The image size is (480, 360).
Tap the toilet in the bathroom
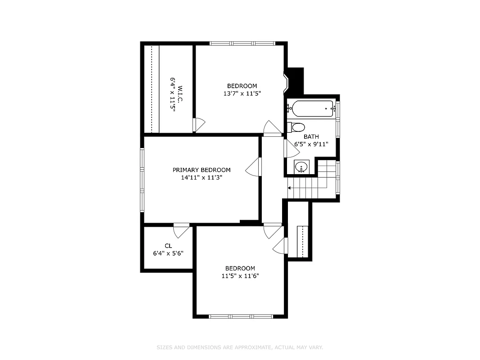click(x=297, y=127)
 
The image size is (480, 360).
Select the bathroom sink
click(x=301, y=167)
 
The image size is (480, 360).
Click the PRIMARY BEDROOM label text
click(x=202, y=170)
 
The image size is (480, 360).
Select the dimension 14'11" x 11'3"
click(x=202, y=177)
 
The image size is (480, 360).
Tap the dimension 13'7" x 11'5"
click(x=242, y=94)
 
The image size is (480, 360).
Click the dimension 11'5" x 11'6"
click(x=240, y=276)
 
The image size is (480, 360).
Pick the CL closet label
click(x=168, y=246)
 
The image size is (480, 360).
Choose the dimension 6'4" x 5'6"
click(x=168, y=253)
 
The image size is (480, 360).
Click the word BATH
click(x=311, y=137)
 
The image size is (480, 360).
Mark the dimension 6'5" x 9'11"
click(x=311, y=144)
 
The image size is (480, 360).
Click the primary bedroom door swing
click(x=254, y=167)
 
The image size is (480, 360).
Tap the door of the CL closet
click(x=182, y=230)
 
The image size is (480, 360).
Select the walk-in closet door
click(x=199, y=125)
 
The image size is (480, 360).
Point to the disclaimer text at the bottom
click(x=240, y=347)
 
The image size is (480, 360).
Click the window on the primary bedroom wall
click(x=142, y=180)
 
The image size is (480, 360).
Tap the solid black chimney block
click(x=295, y=81)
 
